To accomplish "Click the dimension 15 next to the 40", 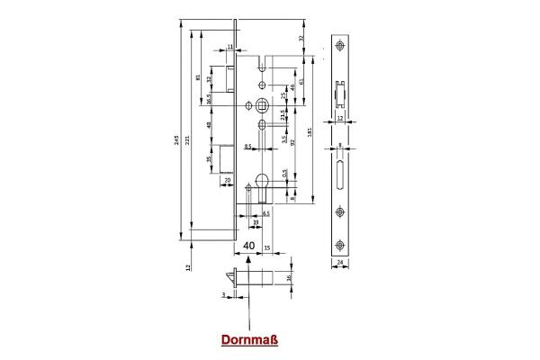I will [268, 247].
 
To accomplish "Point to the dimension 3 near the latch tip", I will [220, 293].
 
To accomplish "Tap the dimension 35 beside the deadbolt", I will [210, 160].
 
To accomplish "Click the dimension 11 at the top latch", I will [230, 47].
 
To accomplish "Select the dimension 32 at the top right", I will [300, 38].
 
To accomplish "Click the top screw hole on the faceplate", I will [340, 48].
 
